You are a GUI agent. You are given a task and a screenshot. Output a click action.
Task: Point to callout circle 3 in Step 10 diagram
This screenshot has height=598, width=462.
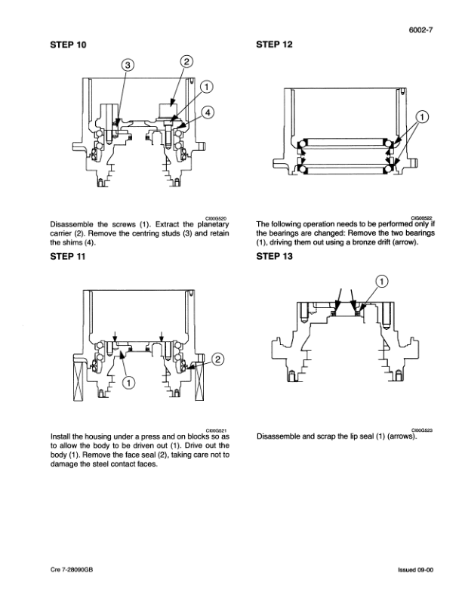[129, 66]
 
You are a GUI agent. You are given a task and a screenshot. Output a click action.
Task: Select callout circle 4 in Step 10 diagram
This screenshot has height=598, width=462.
[208, 111]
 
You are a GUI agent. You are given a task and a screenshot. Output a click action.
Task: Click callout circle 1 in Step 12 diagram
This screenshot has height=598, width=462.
[423, 116]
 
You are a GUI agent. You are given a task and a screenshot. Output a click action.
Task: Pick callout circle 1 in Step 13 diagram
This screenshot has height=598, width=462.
[383, 282]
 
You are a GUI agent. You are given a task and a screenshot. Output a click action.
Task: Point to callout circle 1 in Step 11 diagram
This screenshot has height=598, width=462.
[128, 384]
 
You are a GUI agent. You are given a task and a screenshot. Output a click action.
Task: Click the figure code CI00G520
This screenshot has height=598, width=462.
[216, 217]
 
